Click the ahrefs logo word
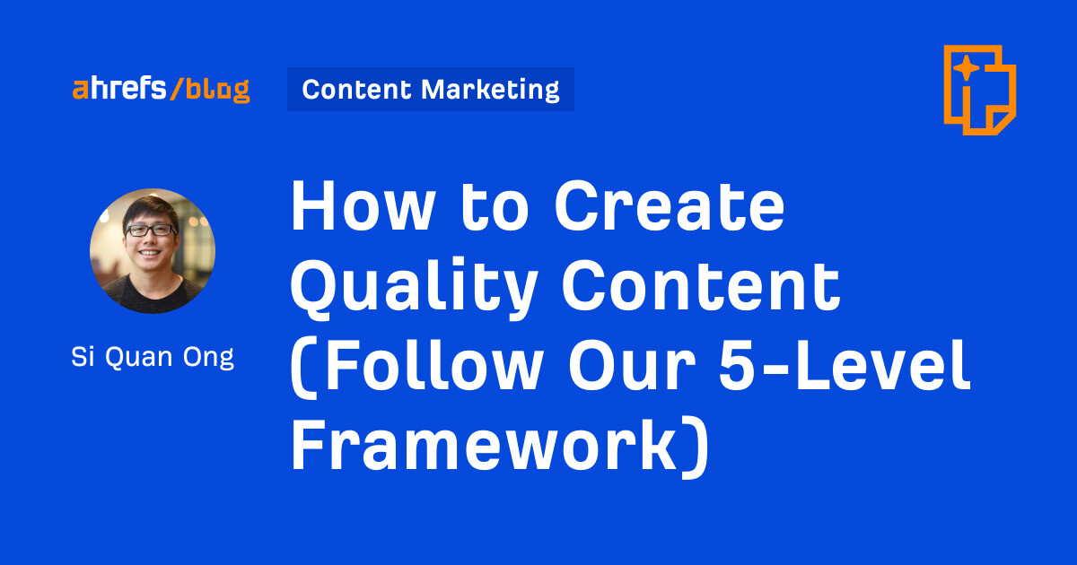pos(118,89)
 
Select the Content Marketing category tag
pos(430,89)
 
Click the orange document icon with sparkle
pos(979,89)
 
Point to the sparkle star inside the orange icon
pos(966,69)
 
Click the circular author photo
pos(153,251)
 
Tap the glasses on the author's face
pos(150,230)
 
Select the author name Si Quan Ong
pos(153,357)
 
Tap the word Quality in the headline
pos(414,285)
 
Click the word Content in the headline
pos(701,285)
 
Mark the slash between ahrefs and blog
pos(177,89)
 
